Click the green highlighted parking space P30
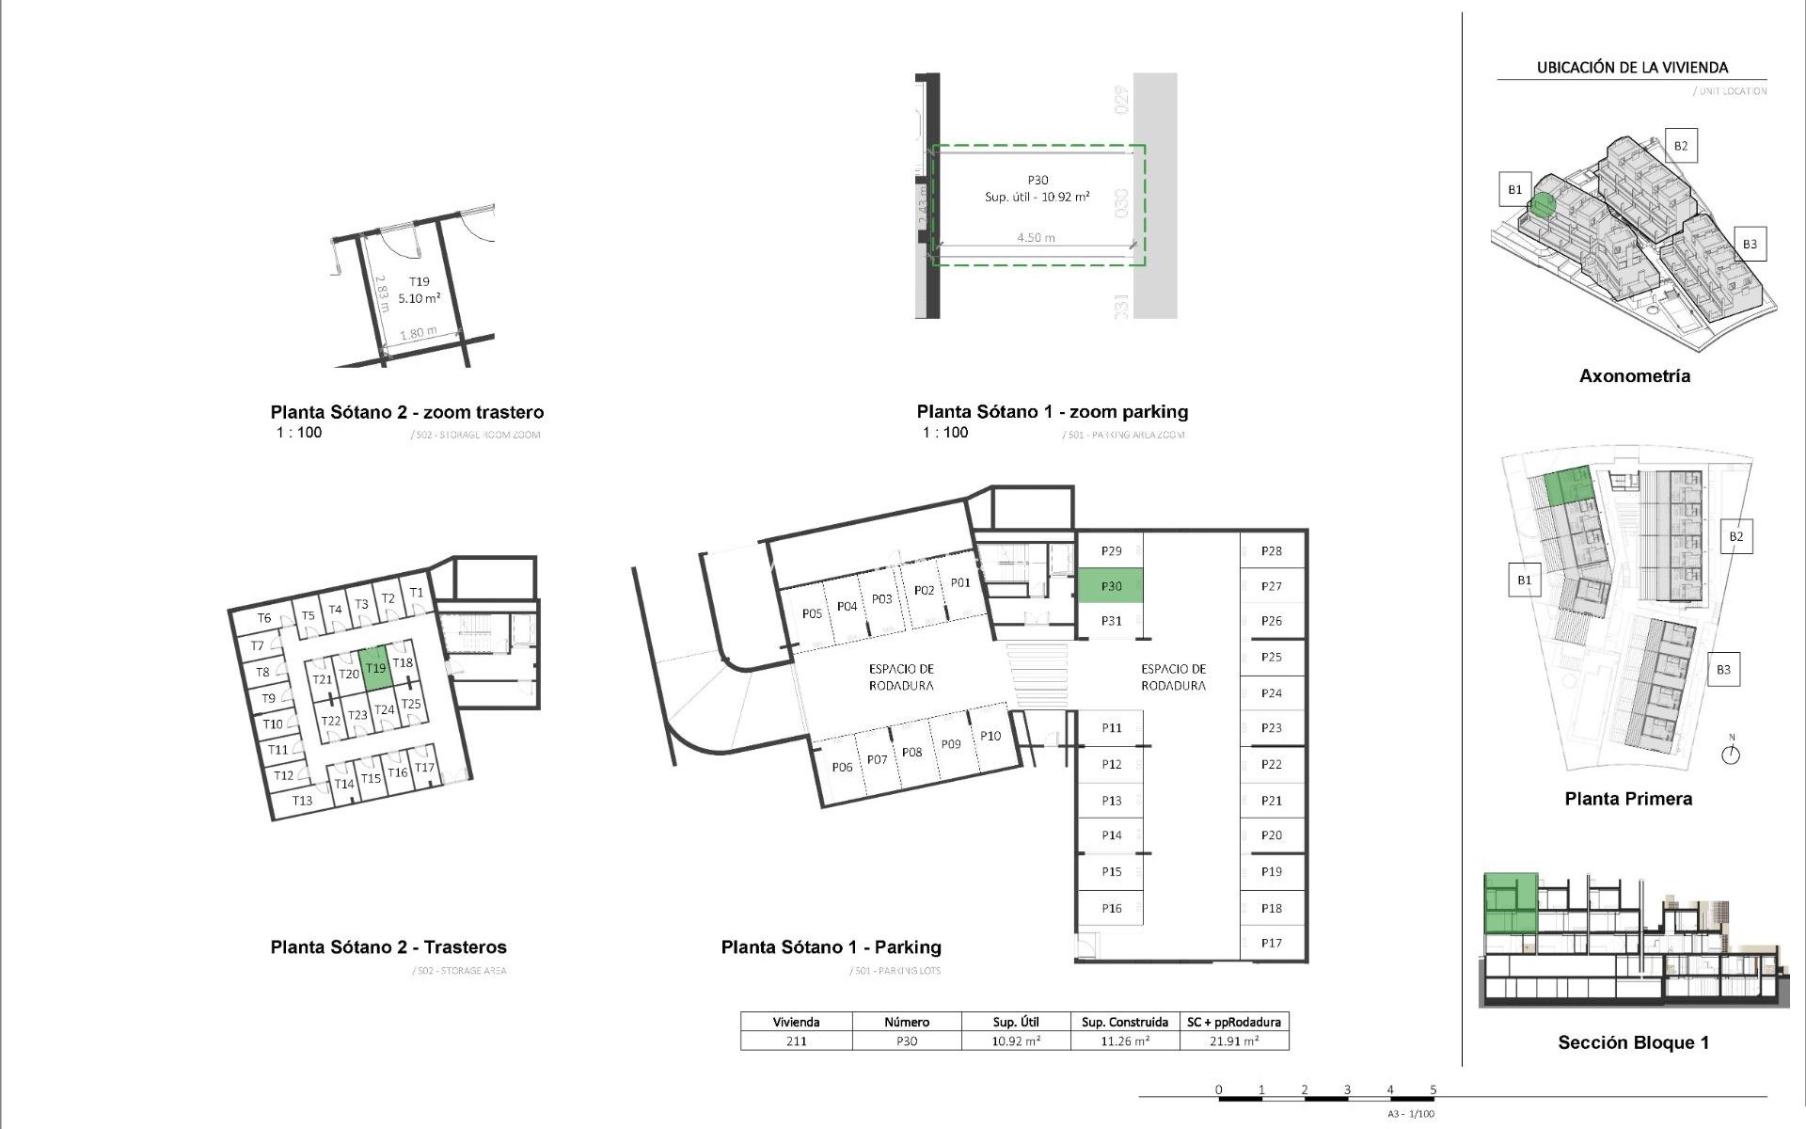(x=1110, y=586)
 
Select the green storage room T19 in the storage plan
(x=375, y=668)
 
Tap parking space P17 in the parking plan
(x=1272, y=943)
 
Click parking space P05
(x=812, y=613)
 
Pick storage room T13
(x=302, y=801)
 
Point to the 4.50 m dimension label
(x=1036, y=238)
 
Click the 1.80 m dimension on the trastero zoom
(x=418, y=334)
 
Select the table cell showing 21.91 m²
(x=1234, y=1042)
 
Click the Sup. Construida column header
(x=1125, y=1022)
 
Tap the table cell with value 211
(x=796, y=1042)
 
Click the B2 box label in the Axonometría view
(x=1680, y=146)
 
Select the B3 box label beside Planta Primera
(x=1723, y=670)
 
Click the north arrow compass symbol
(x=1731, y=754)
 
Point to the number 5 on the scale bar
(x=1434, y=1090)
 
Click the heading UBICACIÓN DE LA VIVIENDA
(x=1632, y=68)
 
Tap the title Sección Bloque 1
(x=1633, y=1042)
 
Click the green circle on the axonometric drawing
(x=1542, y=205)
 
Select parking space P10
(x=990, y=737)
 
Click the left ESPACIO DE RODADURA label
(x=901, y=677)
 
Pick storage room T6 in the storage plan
(x=264, y=618)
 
